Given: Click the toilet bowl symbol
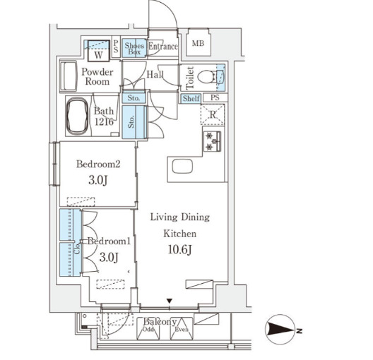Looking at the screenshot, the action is tap(206, 77).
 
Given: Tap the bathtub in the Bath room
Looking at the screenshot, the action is tap(77, 116).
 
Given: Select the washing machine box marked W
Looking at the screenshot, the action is tap(98, 51).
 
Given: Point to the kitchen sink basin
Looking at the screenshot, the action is tap(182, 167).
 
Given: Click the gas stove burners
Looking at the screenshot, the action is tap(212, 141).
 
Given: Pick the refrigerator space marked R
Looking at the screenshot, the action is tap(213, 114).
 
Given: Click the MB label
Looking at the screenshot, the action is tap(198, 43).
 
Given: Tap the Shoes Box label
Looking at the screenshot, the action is tap(134, 48).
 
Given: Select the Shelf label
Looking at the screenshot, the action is tap(191, 98).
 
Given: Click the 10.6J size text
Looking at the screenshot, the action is tap(180, 249).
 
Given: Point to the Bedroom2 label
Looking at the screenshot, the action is tap(98, 164).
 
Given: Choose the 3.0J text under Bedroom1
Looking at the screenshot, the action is tap(109, 257).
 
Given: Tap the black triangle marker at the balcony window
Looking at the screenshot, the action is tap(170, 301).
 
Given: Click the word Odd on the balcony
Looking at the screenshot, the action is tap(148, 330).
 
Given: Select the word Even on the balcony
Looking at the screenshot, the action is tap(182, 330).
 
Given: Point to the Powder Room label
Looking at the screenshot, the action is tap(97, 76).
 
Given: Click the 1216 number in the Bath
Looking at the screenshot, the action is tap(104, 121).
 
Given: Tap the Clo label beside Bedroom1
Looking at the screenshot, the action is tap(77, 248).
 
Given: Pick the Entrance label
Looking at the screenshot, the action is tap(163, 46).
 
